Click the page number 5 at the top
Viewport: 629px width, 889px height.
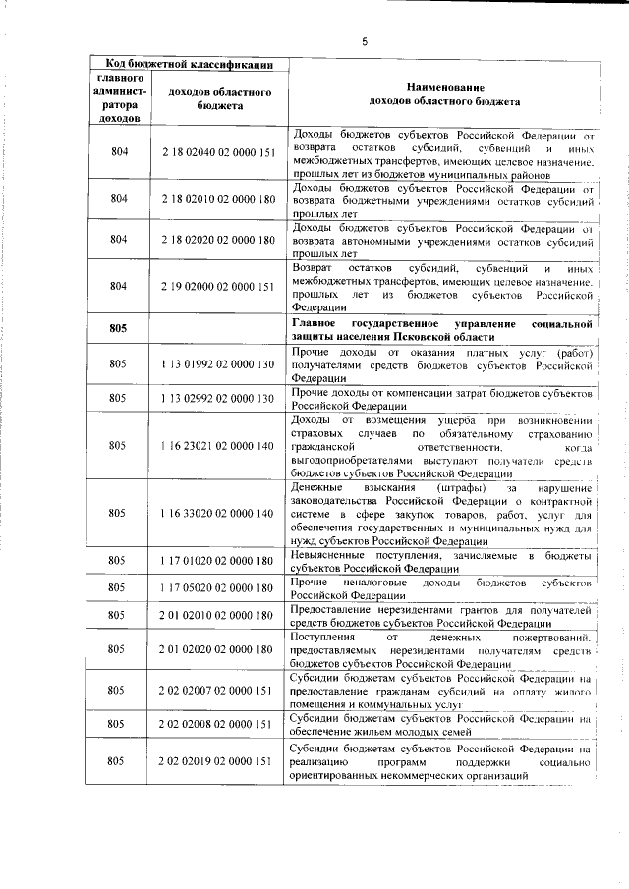click(364, 41)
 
